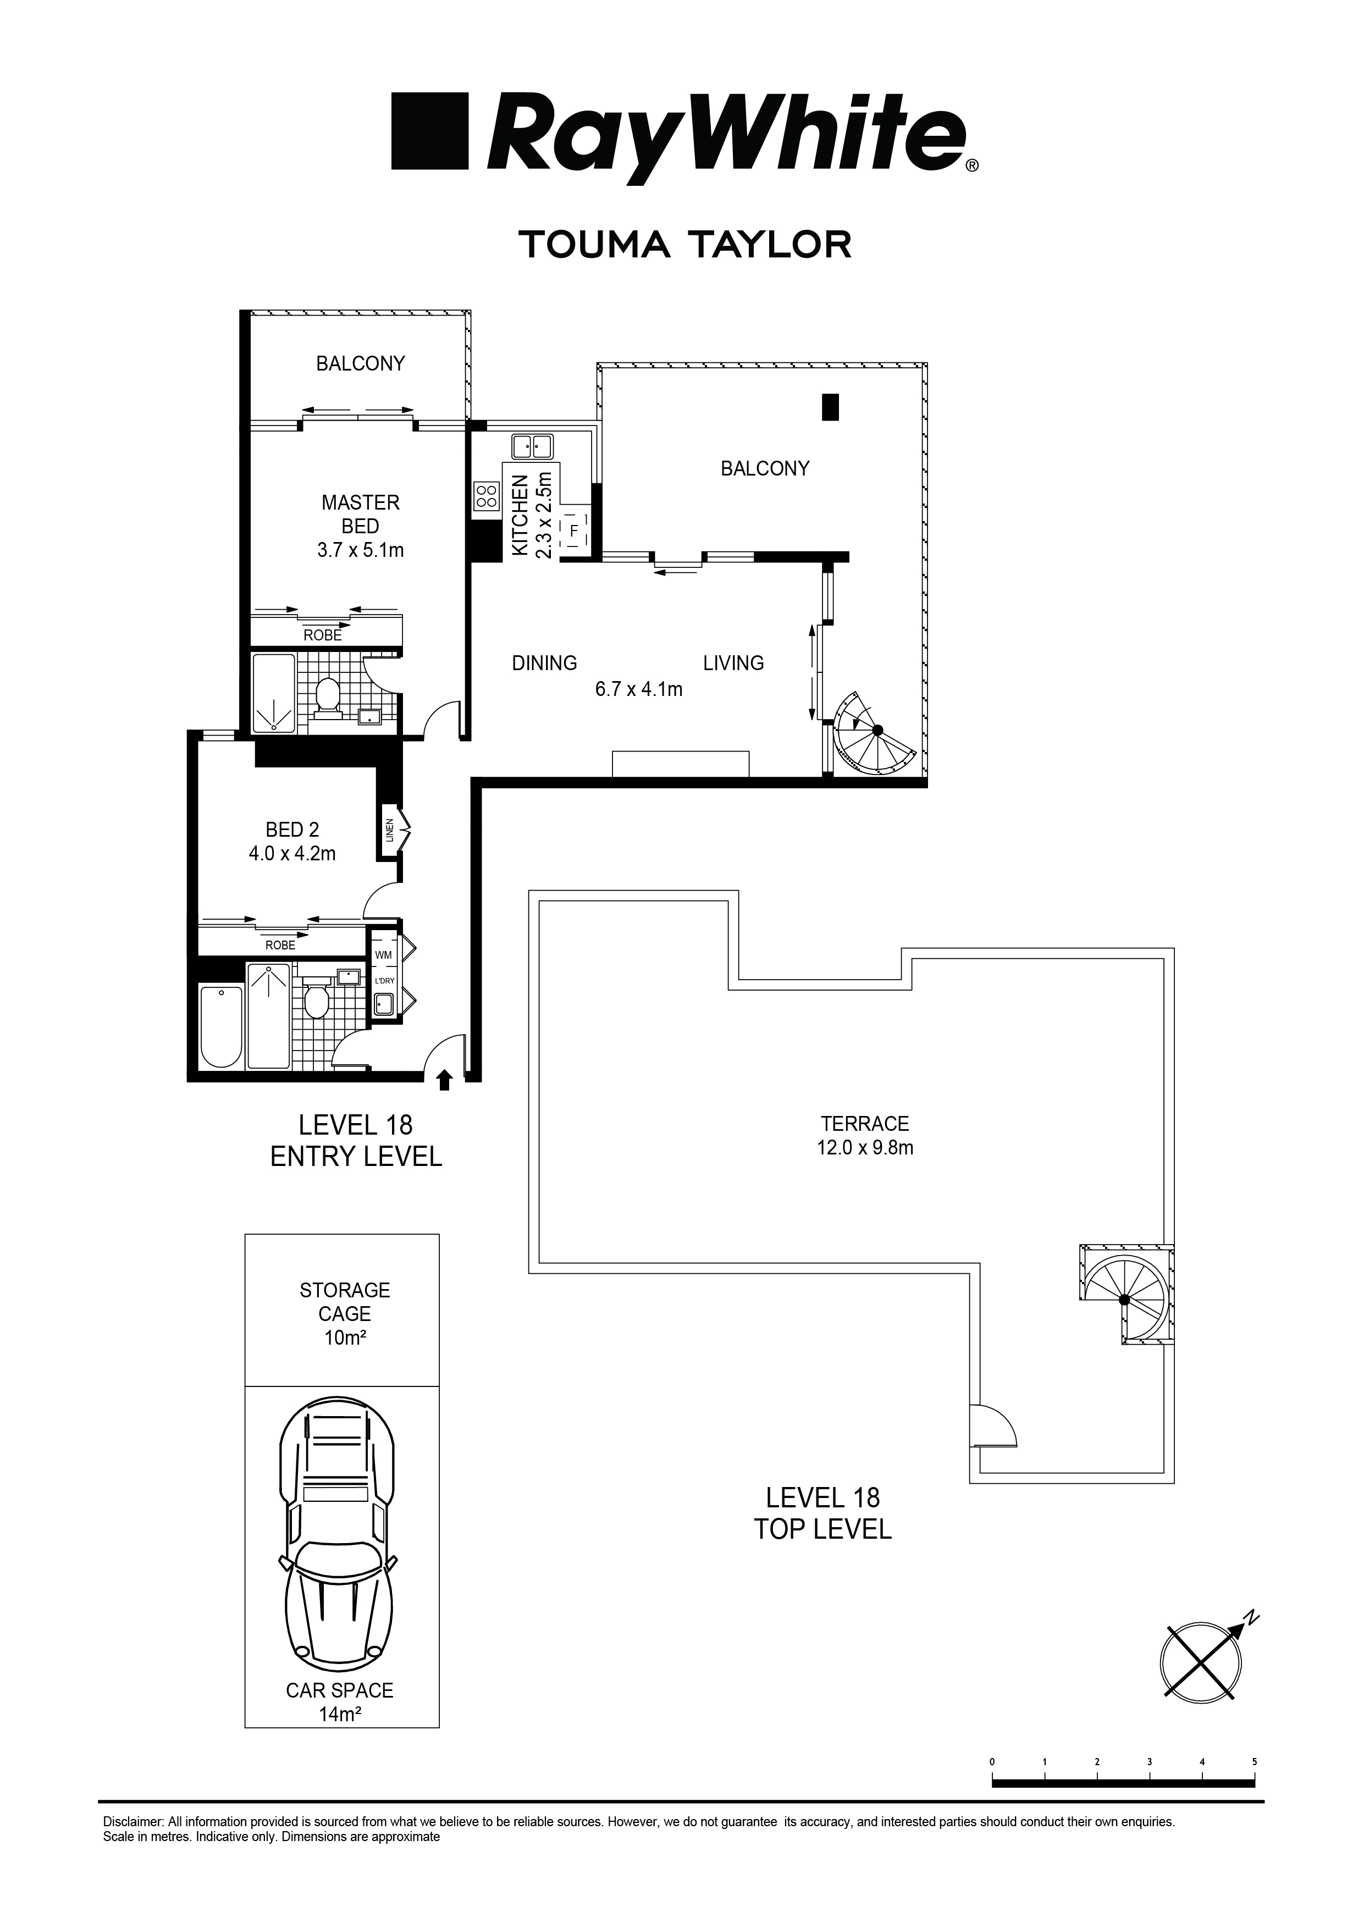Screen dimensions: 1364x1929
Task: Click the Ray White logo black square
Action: point(429,131)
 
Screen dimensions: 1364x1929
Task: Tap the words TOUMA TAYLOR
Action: point(685,245)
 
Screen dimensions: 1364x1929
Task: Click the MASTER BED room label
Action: point(361,514)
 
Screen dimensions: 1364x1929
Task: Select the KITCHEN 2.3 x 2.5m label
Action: point(532,515)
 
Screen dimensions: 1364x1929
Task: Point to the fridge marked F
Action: point(574,530)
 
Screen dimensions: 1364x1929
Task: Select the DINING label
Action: point(545,663)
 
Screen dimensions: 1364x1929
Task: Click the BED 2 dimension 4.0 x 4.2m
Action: point(292,854)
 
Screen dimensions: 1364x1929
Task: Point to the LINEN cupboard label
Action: point(389,830)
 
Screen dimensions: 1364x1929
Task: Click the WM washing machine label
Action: point(383,954)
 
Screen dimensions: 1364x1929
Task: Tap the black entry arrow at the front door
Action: point(445,1079)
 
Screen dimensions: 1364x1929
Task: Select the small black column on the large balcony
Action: point(830,407)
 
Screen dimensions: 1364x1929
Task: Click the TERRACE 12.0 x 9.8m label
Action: point(865,1135)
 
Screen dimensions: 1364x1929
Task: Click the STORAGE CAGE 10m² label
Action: point(345,1313)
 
